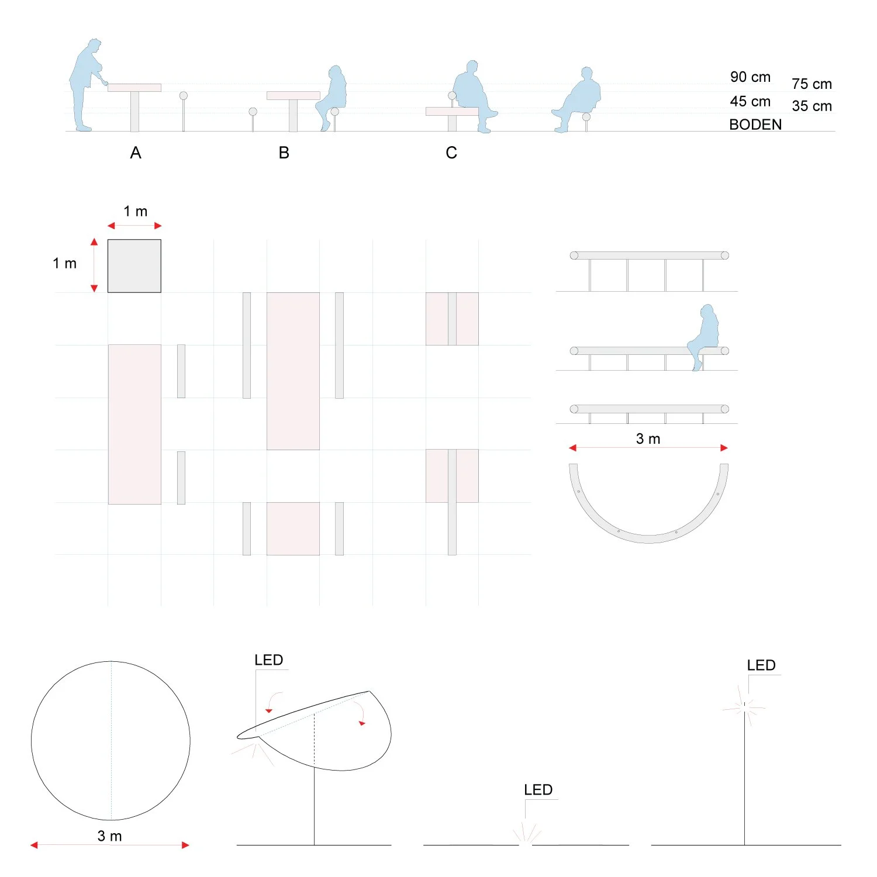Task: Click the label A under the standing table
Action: (x=136, y=153)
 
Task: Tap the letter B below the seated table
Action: (x=284, y=153)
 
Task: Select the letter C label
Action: (x=451, y=153)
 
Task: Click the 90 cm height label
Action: (x=750, y=77)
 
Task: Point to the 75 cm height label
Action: (x=812, y=84)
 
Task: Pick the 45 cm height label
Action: (x=750, y=102)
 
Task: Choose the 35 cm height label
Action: (x=812, y=106)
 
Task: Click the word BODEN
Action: (x=755, y=125)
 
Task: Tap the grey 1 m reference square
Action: (x=134, y=266)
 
